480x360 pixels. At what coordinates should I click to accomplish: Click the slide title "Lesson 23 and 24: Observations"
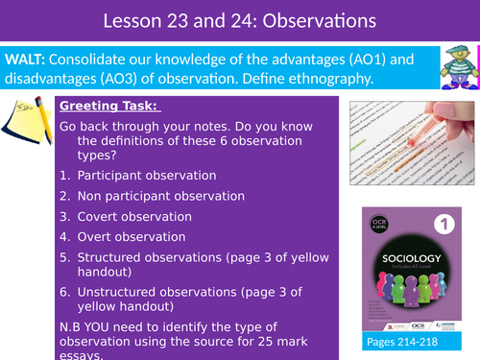click(x=239, y=20)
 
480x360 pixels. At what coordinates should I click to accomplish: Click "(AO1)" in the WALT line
click(x=341, y=58)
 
